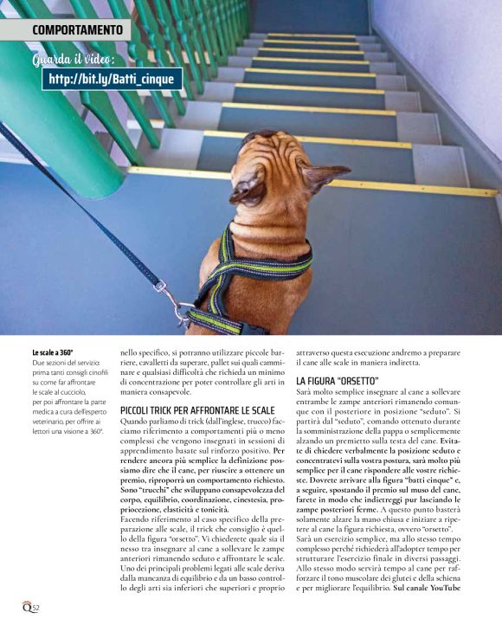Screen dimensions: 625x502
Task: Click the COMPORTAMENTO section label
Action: (77, 30)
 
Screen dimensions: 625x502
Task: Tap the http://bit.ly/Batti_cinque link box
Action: (113, 79)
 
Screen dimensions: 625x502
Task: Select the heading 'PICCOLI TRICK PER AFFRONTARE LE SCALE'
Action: (197, 409)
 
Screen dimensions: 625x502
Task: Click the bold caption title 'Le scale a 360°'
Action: (53, 353)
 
